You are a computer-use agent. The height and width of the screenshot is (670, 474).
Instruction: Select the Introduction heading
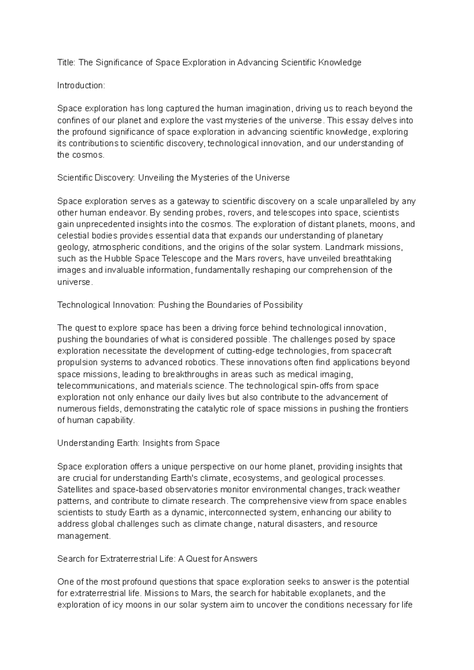[x=81, y=86]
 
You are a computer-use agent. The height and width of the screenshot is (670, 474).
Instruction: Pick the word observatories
[x=188, y=490]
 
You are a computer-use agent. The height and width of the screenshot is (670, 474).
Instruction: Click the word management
[x=84, y=536]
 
